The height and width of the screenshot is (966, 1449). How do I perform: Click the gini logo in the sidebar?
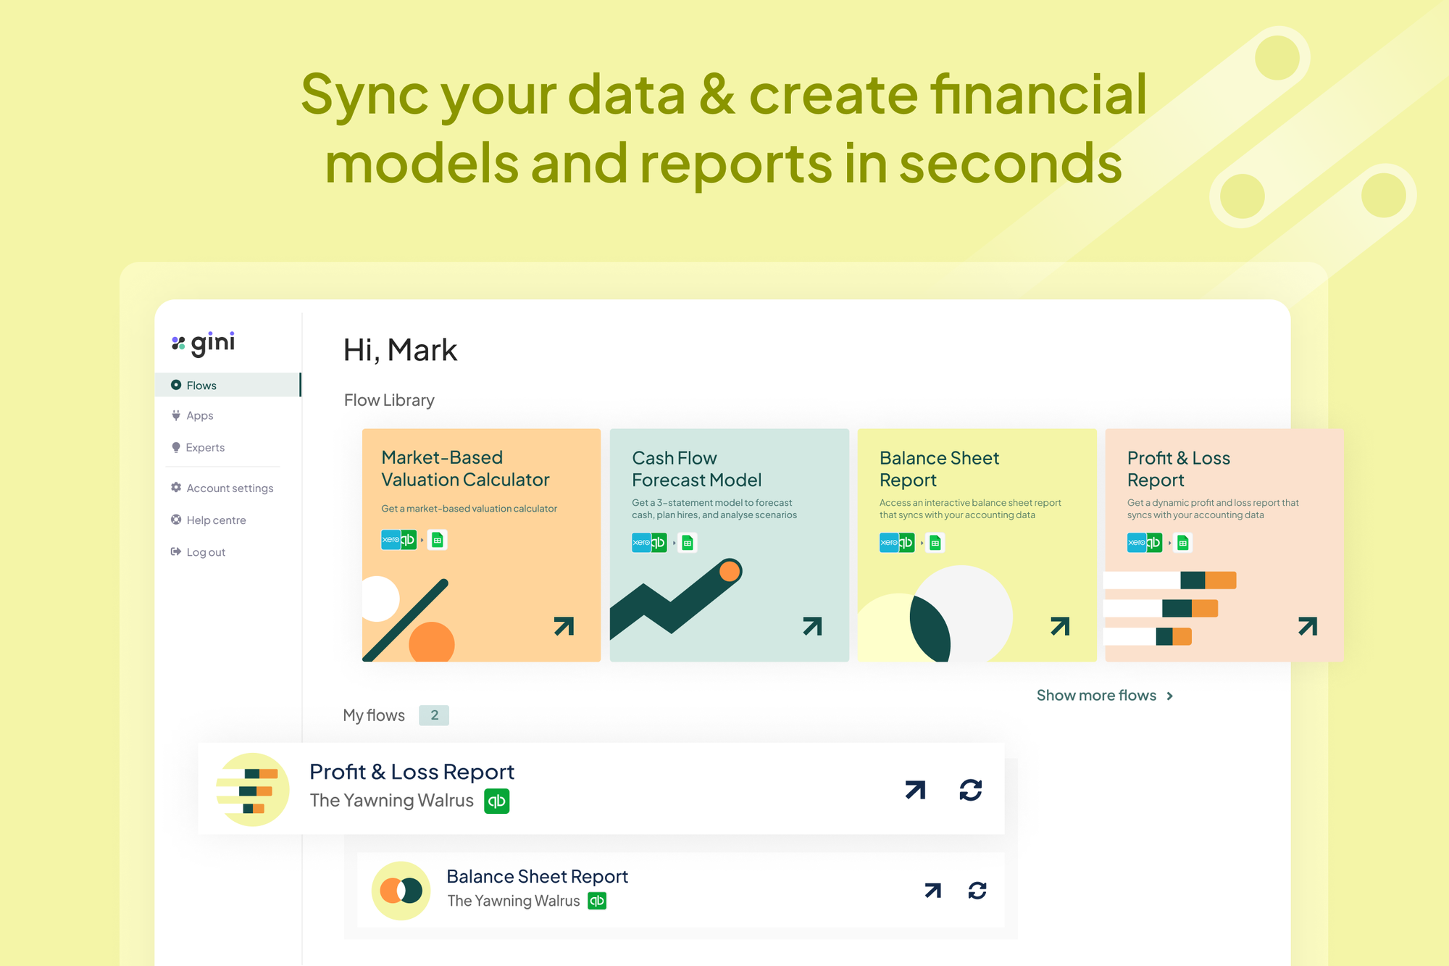pos(203,343)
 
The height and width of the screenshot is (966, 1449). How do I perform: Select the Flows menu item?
pos(201,386)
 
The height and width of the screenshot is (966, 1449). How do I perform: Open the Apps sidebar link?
pos(199,416)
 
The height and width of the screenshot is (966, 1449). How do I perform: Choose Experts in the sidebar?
pos(205,448)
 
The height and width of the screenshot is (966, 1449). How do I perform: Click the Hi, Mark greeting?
pos(400,351)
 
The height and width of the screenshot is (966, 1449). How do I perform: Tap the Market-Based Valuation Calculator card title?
pos(465,469)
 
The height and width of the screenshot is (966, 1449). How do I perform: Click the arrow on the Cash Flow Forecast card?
pos(812,626)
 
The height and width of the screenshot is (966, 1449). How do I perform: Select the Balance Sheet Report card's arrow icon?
pos(1060,626)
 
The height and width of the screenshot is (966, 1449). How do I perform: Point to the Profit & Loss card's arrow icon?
pos(1308,626)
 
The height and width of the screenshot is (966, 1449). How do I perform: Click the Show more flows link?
pos(1105,696)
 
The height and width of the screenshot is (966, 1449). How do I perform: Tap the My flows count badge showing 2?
pos(434,715)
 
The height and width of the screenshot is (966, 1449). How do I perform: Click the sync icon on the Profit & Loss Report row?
pos(971,790)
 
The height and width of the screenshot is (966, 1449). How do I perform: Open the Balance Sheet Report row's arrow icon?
pos(933,891)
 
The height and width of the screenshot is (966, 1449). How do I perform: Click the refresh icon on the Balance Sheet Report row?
pos(977,891)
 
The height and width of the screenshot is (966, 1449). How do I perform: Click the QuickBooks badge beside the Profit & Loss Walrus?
pos(497,801)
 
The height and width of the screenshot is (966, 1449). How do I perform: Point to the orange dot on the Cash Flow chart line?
pos(730,571)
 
